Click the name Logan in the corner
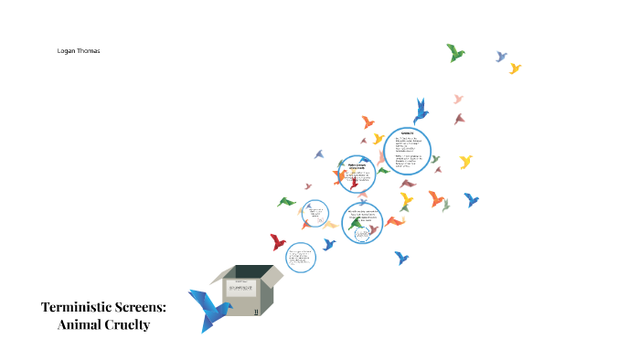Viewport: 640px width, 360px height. coord(67,51)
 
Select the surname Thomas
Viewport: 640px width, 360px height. coord(89,51)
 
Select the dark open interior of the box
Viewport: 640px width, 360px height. coord(250,271)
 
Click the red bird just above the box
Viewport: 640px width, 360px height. coord(278,242)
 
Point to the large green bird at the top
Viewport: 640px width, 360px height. coord(455,52)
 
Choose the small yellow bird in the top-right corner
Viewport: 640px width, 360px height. coord(515,68)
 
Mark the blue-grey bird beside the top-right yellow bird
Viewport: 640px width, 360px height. coord(501,57)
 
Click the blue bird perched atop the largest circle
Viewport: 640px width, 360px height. coord(421,111)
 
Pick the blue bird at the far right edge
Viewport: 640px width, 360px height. coord(471,199)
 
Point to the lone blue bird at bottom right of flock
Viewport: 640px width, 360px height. coord(401,259)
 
